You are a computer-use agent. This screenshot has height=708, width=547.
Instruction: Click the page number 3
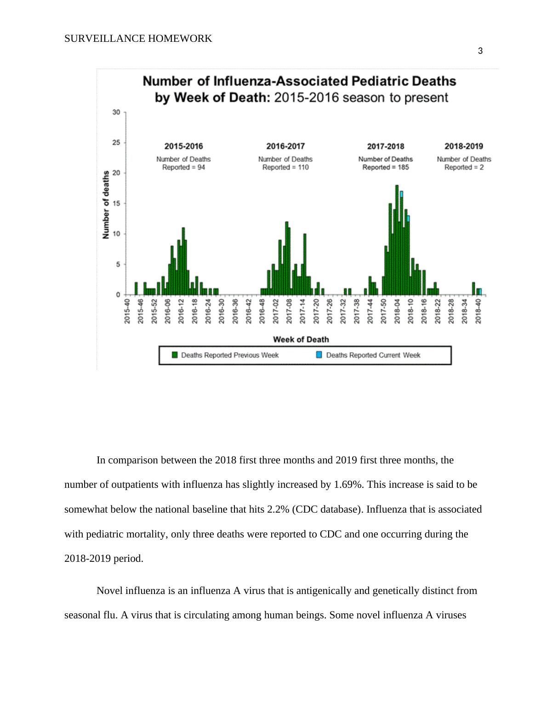pyautogui.click(x=480, y=51)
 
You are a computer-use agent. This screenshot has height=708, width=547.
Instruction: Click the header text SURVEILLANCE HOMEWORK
pyautogui.click(x=138, y=39)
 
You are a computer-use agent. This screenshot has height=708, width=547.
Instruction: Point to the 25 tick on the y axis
pyautogui.click(x=116, y=143)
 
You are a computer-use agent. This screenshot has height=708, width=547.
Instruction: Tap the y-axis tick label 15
pyautogui.click(x=116, y=204)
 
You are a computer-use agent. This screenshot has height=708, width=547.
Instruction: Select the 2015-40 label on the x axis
pyautogui.click(x=127, y=311)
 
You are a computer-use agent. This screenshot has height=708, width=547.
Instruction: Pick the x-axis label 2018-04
pyautogui.click(x=397, y=311)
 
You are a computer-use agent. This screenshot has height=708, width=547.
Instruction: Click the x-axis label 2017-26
pyautogui.click(x=330, y=311)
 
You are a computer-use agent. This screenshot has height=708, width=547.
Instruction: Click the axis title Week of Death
pyautogui.click(x=301, y=339)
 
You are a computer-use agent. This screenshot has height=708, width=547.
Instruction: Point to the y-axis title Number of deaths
pyautogui.click(x=106, y=205)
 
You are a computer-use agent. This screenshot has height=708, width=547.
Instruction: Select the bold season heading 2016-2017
pyautogui.click(x=285, y=146)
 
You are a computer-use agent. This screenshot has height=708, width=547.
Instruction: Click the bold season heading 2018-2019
pyautogui.click(x=463, y=146)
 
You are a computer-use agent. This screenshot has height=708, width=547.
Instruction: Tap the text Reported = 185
pyautogui.click(x=385, y=167)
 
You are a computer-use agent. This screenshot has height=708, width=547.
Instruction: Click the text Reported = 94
pyautogui.click(x=183, y=167)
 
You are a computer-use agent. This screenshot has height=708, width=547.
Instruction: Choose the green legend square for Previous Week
pyautogui.click(x=175, y=354)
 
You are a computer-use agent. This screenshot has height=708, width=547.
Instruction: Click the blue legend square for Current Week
pyautogui.click(x=319, y=354)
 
